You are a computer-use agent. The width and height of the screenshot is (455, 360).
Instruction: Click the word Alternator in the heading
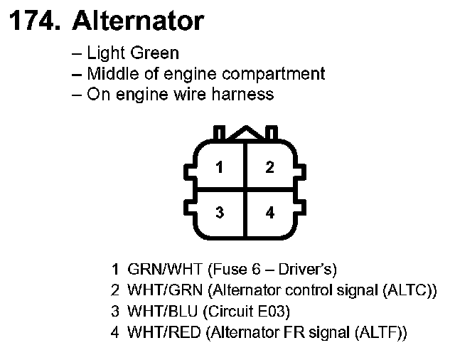(138, 21)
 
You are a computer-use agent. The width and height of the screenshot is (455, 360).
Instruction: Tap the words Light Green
(133, 53)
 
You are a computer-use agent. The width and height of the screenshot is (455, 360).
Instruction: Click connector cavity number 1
(220, 168)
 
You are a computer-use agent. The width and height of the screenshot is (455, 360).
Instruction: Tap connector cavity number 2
(269, 168)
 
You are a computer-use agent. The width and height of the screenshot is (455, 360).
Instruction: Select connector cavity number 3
(220, 213)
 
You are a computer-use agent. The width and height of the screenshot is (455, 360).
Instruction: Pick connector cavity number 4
(269, 213)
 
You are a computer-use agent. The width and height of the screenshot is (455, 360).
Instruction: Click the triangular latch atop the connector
(245, 132)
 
